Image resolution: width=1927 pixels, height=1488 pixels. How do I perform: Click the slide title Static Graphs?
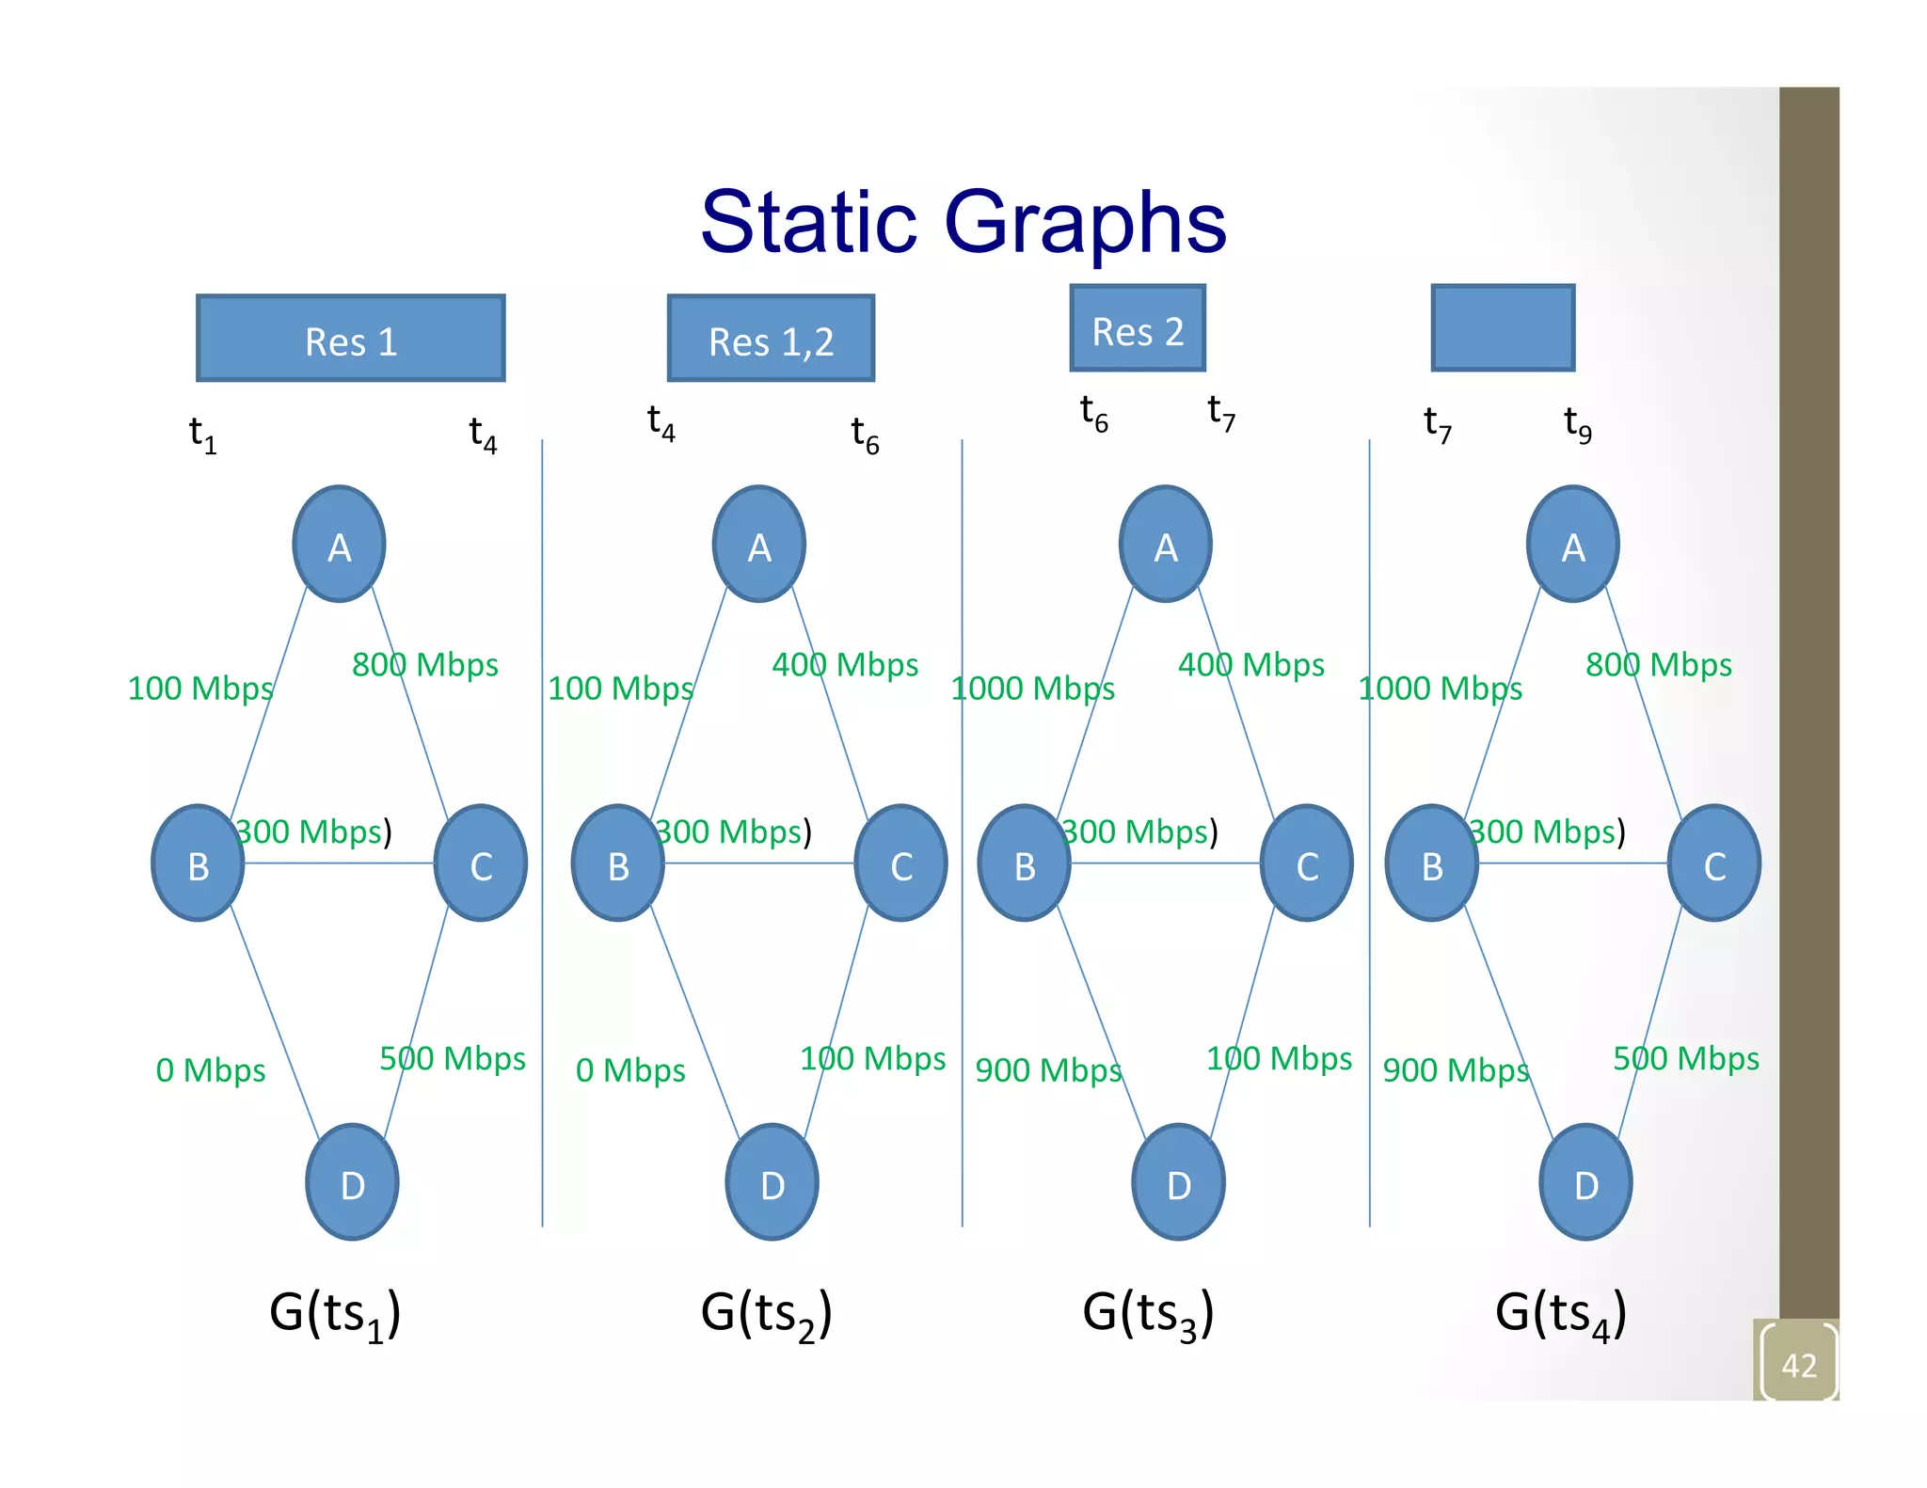pos(963,222)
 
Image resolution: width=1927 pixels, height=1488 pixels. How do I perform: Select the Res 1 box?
pos(350,339)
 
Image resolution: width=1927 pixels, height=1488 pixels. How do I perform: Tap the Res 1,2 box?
pos(771,339)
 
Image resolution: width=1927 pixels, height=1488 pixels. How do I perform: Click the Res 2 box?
pos(1137,328)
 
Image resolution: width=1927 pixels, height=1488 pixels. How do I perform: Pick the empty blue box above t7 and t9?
pos(1502,328)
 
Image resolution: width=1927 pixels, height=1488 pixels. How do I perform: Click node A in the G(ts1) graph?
pos(339,545)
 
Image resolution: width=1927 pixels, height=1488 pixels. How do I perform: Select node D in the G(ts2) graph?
pos(772,1182)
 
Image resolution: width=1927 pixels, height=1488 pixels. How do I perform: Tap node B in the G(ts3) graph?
pos(1024,863)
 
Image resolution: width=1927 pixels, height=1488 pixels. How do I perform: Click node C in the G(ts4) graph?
pos(1713,863)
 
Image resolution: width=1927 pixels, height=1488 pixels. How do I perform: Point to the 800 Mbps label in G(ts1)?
pos(424,665)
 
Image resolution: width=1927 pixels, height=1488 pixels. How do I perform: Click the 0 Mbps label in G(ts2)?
pos(630,1070)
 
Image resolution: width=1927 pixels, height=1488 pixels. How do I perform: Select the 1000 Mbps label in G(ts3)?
pos(1032,689)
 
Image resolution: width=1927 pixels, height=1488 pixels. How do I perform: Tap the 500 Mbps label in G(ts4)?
pos(1685,1059)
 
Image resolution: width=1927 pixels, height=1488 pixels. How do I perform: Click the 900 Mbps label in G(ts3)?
pos(1047,1070)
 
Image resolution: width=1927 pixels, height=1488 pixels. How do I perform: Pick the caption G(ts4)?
pos(1560,1313)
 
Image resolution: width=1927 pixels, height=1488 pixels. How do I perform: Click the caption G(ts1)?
pos(335,1313)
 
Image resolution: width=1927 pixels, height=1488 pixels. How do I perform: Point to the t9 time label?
pos(1577,424)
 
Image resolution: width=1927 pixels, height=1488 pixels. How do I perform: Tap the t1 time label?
pos(202,435)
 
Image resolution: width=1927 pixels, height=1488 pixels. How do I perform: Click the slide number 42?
pos(1798,1365)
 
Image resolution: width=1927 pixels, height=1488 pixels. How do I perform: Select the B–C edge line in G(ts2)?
pos(758,863)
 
